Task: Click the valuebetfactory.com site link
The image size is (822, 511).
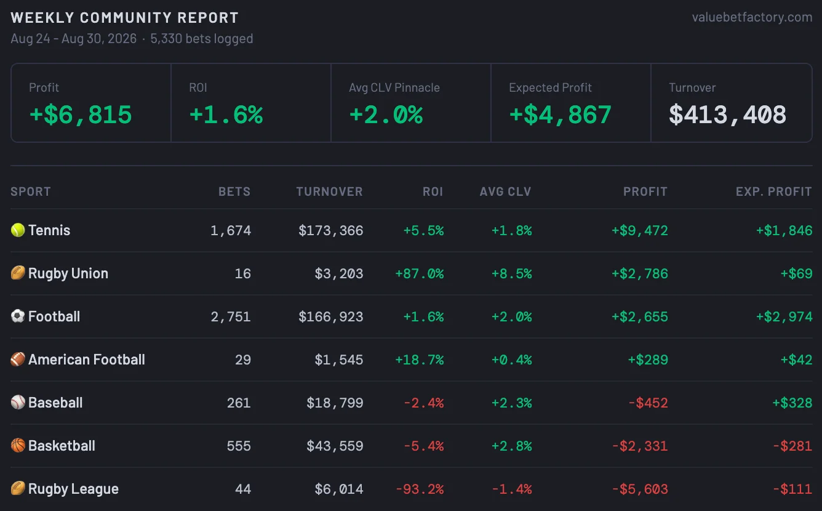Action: (x=752, y=17)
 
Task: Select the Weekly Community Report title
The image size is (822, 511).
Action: (x=125, y=18)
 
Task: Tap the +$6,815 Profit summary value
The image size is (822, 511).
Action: (x=81, y=115)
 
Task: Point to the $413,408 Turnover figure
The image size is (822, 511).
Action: (x=727, y=115)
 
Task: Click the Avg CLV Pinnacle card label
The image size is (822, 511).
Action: (x=394, y=87)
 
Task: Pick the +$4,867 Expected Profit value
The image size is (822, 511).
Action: (x=560, y=115)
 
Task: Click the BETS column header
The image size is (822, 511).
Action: (x=234, y=191)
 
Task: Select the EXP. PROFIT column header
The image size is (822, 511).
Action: (x=773, y=191)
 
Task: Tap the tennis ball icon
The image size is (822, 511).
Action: (x=18, y=230)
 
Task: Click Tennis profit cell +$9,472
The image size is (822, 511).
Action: (x=640, y=230)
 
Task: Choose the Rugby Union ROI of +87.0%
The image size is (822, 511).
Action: (x=420, y=273)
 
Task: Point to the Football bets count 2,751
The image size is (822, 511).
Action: (x=231, y=317)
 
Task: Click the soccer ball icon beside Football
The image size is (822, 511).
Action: (x=18, y=316)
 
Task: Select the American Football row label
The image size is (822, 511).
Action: (x=87, y=360)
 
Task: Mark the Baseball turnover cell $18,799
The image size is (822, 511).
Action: (x=335, y=403)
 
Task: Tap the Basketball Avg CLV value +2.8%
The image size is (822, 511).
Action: (x=511, y=446)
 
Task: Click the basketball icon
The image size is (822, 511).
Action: (x=18, y=445)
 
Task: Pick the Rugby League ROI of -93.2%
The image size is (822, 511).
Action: (x=420, y=489)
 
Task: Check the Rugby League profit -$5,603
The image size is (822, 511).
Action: (x=640, y=489)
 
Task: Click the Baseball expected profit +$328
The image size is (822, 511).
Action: (x=792, y=403)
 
